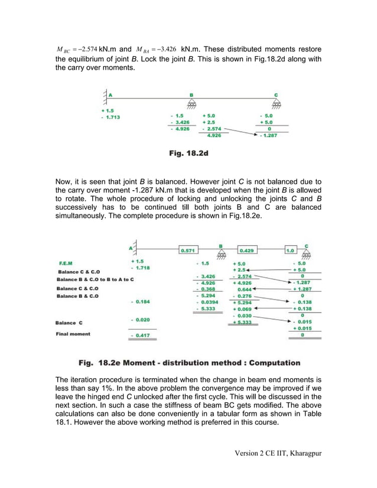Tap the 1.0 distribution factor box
290,250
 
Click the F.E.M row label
66,262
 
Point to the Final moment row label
73,334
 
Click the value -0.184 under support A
139,301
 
